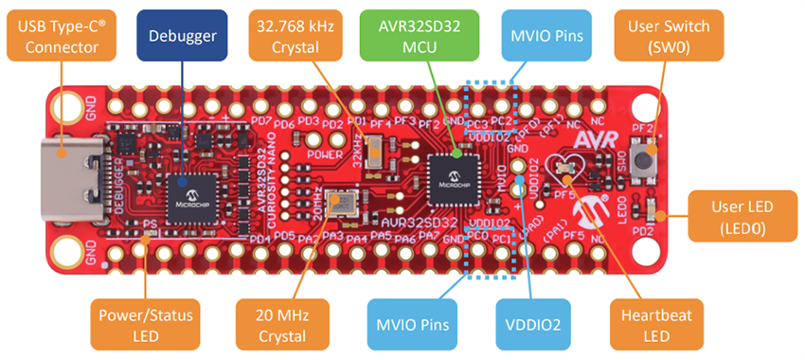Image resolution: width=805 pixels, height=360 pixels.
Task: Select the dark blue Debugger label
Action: click(182, 37)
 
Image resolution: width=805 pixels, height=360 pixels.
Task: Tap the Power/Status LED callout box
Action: click(143, 324)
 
